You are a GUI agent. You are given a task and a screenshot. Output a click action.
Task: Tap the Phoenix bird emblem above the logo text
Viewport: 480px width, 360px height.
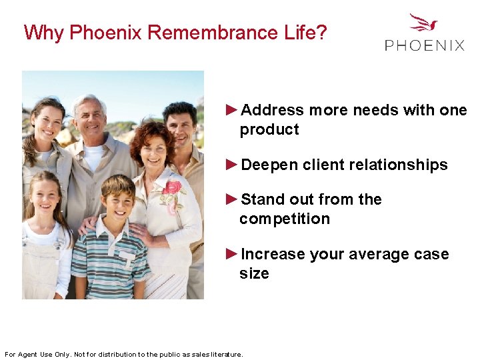[x=424, y=23]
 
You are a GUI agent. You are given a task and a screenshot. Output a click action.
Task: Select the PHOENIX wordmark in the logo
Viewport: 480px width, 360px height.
[x=425, y=45]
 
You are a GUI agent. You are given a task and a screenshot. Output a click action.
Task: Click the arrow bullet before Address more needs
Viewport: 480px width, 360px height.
[x=232, y=109]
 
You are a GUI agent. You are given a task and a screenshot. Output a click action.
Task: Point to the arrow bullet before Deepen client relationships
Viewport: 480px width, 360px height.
[x=232, y=164]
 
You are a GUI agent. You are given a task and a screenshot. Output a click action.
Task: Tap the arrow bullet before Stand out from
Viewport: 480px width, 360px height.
[x=232, y=199]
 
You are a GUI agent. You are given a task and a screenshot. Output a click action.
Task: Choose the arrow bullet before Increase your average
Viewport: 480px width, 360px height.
[x=232, y=253]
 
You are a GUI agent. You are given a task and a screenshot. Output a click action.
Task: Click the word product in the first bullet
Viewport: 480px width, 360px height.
[x=269, y=129]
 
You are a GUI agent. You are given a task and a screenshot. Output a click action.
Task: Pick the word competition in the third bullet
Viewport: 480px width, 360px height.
[x=285, y=219]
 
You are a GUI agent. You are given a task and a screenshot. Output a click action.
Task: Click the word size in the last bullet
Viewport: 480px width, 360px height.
[x=254, y=273]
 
